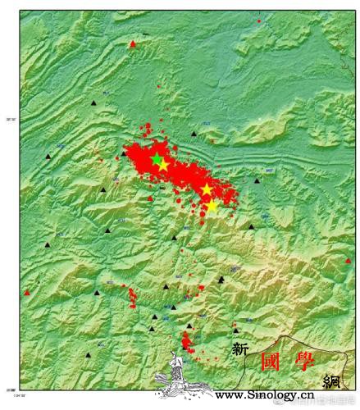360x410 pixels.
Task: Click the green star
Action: (x=156, y=157)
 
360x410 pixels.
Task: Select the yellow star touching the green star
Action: (x=163, y=166)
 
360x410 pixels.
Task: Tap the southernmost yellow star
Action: (x=212, y=205)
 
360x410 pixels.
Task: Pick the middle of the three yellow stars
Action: (x=207, y=189)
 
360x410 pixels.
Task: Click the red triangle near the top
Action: (x=133, y=43)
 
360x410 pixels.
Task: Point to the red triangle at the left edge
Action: (x=26, y=292)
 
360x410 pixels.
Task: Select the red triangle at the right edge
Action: (x=348, y=261)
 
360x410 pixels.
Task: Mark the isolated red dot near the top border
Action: (x=259, y=20)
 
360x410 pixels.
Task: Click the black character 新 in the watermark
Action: (x=240, y=348)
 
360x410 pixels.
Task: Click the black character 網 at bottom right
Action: (x=332, y=380)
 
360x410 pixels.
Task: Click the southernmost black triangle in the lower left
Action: (x=89, y=355)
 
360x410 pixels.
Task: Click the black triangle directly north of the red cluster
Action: (x=194, y=133)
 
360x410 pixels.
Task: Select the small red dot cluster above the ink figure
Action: (x=187, y=339)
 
